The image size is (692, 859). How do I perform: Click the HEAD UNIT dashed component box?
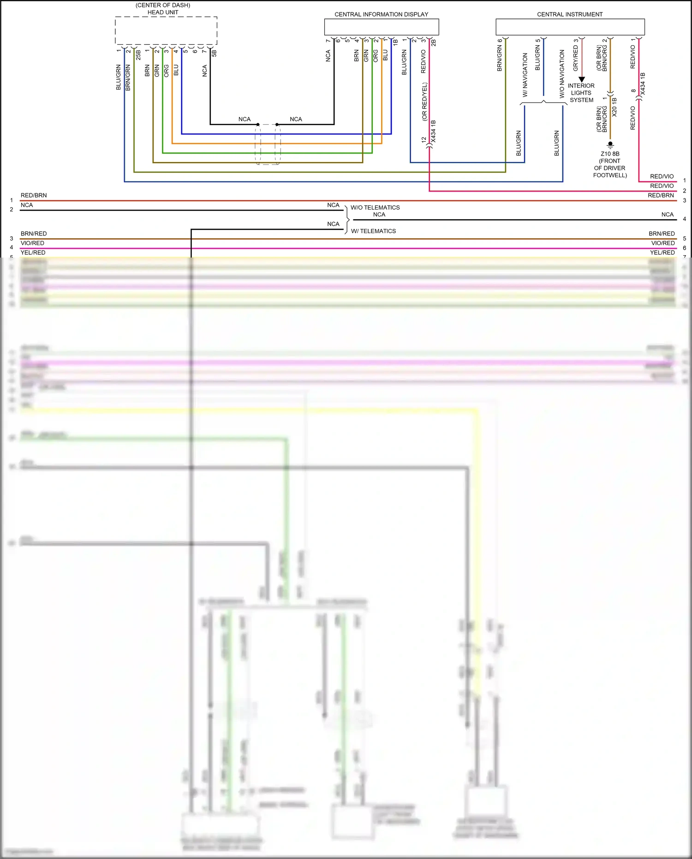(166, 31)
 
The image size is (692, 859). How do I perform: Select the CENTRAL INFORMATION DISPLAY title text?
(381, 14)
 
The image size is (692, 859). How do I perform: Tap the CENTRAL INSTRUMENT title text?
(570, 14)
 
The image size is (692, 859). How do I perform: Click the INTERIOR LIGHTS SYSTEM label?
(581, 93)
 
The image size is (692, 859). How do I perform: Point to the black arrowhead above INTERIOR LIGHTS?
(582, 79)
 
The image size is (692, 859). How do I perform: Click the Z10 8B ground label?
(610, 154)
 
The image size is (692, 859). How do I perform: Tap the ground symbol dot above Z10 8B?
(610, 144)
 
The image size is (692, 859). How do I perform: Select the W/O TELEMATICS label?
(375, 208)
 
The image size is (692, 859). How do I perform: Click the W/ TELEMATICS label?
(373, 231)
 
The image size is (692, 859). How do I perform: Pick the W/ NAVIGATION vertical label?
(525, 74)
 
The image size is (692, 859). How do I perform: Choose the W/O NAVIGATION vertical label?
(562, 74)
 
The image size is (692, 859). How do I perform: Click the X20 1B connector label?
(614, 107)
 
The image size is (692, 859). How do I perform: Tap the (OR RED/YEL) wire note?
(424, 102)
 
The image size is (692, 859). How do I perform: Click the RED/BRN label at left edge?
(34, 195)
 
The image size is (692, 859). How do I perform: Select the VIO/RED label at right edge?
(663, 243)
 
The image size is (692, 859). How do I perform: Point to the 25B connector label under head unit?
(138, 55)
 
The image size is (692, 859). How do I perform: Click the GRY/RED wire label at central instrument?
(576, 58)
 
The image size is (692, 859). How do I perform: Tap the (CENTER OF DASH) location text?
(163, 5)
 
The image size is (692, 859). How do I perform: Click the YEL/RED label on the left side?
(33, 252)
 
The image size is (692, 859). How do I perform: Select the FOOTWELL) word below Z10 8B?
(610, 175)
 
